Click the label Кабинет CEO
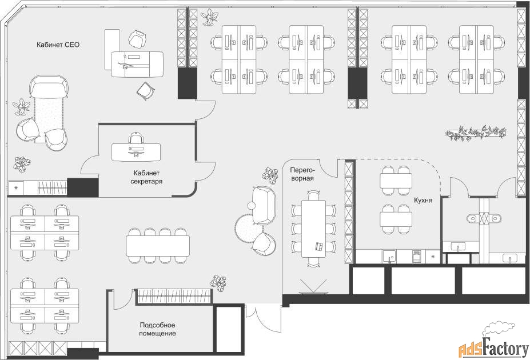(x=58, y=45)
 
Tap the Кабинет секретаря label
(x=147, y=177)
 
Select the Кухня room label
(x=423, y=200)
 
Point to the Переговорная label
(x=302, y=174)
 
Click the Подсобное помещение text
(x=157, y=329)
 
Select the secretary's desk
(x=136, y=152)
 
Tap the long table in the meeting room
(x=314, y=229)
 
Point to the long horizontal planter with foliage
(x=475, y=133)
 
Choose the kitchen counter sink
(x=390, y=257)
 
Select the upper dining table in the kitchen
(x=396, y=181)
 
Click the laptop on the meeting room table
(x=319, y=246)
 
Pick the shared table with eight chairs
(x=158, y=246)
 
